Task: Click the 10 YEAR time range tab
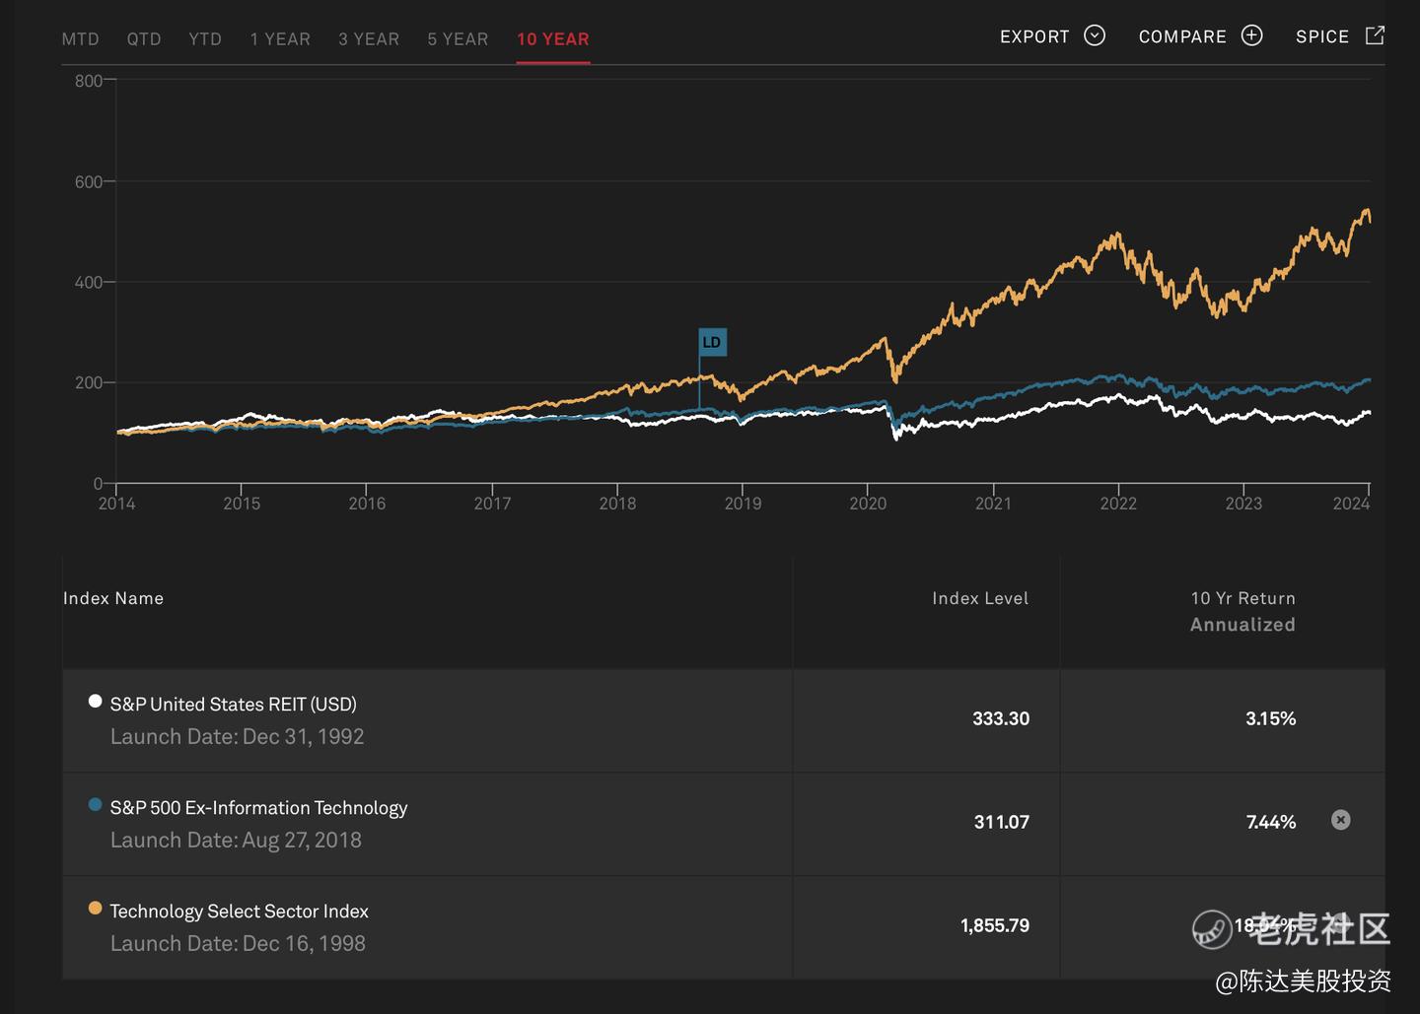click(552, 39)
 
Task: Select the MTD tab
click(80, 39)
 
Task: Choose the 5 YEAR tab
click(458, 39)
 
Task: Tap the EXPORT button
click(1051, 36)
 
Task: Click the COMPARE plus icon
click(1251, 35)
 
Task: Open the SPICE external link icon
click(1375, 35)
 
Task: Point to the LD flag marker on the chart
click(712, 342)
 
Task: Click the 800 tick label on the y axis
click(88, 81)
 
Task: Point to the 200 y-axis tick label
click(88, 382)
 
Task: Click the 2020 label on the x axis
click(868, 504)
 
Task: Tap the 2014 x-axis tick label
click(116, 504)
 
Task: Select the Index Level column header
click(979, 598)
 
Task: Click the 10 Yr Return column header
click(1242, 598)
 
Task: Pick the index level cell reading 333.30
click(1000, 718)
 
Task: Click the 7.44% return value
click(1270, 822)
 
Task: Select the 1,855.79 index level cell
click(994, 925)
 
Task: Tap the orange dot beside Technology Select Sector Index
click(95, 908)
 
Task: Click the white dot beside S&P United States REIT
click(95, 701)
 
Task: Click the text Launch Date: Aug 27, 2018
click(236, 840)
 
